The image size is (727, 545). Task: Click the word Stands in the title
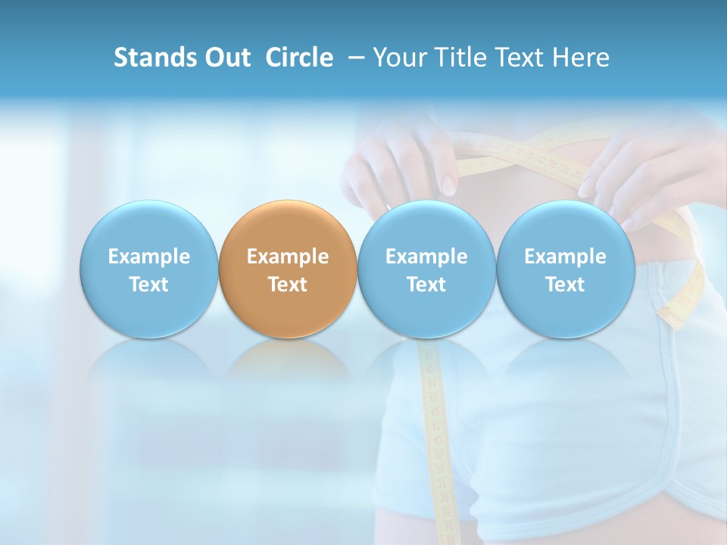pos(155,58)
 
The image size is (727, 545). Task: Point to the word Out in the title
pos(226,58)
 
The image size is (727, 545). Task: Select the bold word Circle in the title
pos(299,58)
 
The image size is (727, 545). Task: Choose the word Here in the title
pos(580,58)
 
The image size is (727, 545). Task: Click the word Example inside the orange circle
pos(288,257)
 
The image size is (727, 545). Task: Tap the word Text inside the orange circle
pos(288,285)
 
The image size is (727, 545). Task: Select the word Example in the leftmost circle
pos(148,257)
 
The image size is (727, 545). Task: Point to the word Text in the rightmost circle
pos(565,285)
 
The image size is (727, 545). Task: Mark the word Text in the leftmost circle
pos(148,285)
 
